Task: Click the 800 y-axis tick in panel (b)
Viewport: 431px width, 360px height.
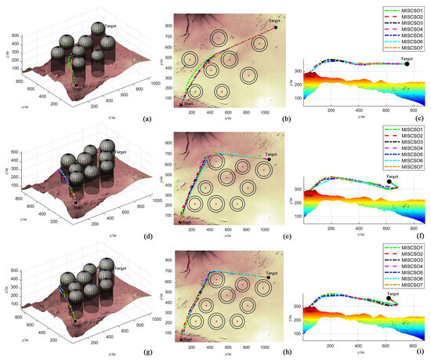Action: tap(168, 25)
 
